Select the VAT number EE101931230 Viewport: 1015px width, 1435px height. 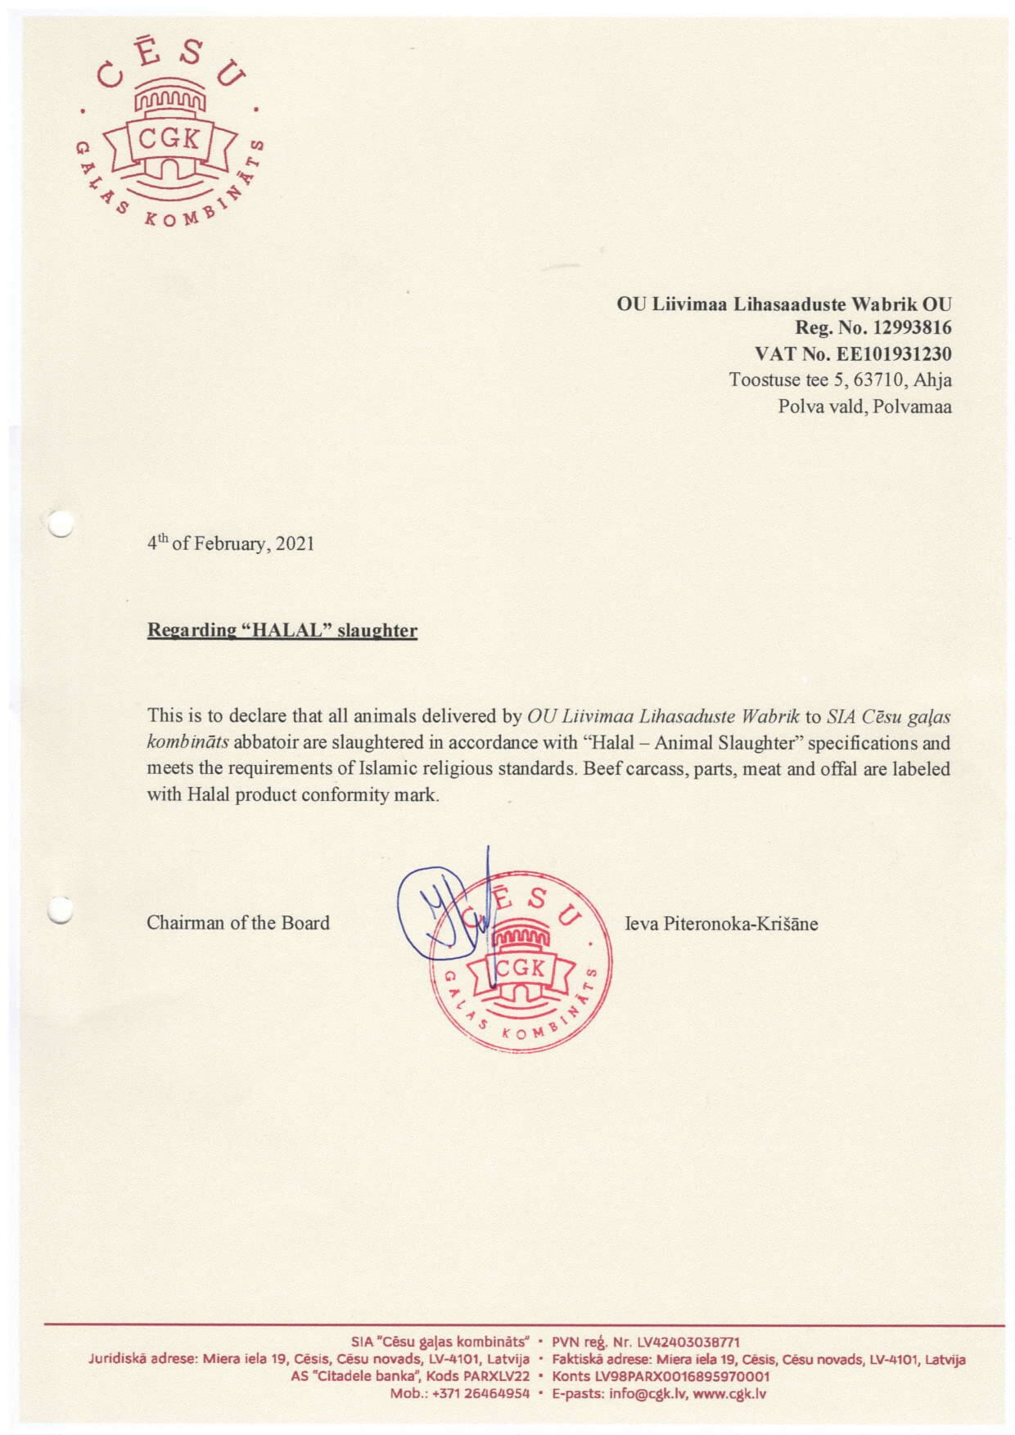point(892,354)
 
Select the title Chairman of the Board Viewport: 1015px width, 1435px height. point(238,923)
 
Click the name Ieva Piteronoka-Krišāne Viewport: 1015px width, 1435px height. point(721,924)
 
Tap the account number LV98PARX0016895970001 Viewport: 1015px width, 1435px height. point(683,1376)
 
